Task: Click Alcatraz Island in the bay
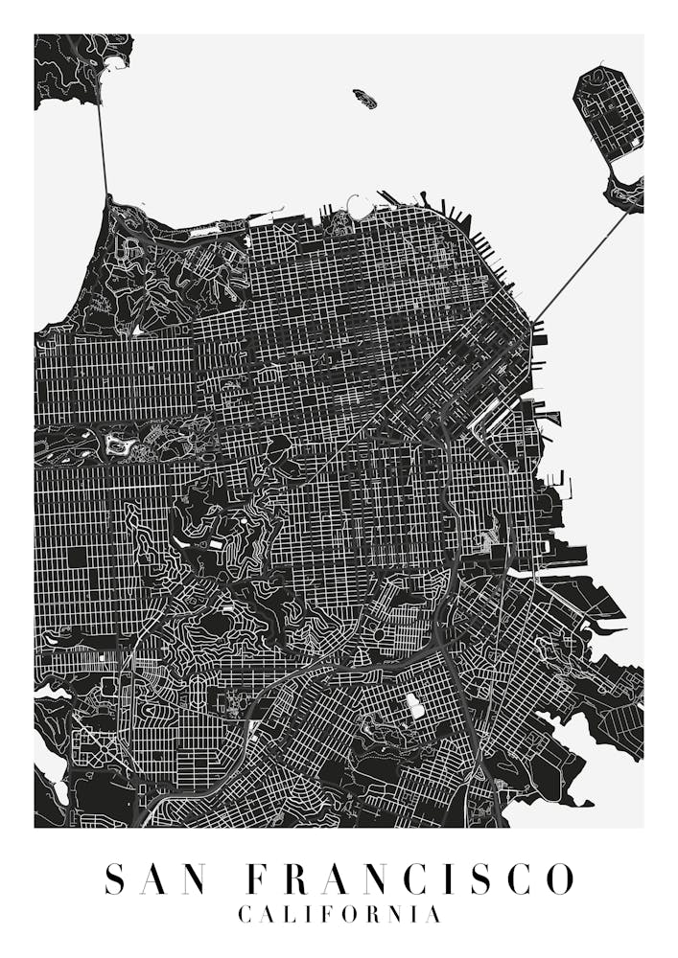(x=364, y=98)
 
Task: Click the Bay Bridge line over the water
(x=581, y=264)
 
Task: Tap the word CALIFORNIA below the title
(x=339, y=915)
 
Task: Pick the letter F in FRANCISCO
(x=258, y=878)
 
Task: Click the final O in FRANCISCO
(x=559, y=878)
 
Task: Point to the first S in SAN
(x=116, y=878)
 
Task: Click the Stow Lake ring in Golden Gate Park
(x=121, y=444)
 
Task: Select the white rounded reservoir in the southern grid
(x=415, y=707)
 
